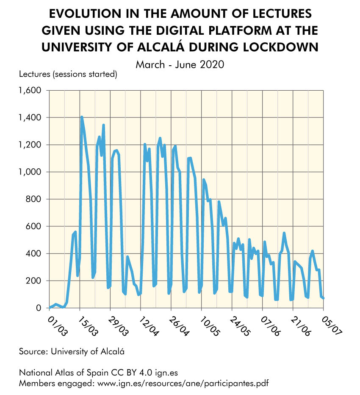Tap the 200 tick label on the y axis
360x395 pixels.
point(34,281)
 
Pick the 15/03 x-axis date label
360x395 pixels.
point(87,324)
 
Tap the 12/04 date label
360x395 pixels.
point(148,324)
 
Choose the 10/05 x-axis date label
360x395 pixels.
point(209,324)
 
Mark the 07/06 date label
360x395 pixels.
point(270,324)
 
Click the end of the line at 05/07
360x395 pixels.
point(324,298)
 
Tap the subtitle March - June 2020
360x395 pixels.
point(180,65)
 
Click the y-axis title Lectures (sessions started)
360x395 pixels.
point(68,75)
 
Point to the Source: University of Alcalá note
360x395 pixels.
point(72,351)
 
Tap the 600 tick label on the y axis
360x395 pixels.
point(34,226)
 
